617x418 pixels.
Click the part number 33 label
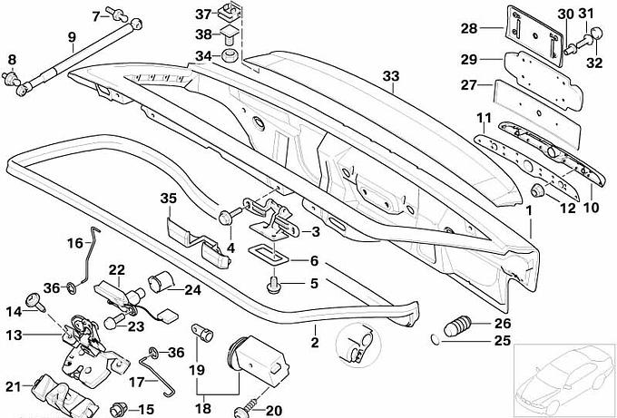pyautogui.click(x=391, y=76)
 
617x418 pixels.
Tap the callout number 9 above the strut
pyautogui.click(x=71, y=37)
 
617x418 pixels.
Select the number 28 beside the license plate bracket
pyautogui.click(x=469, y=28)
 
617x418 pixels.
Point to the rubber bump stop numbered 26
pyautogui.click(x=457, y=325)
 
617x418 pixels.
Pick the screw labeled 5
pyautogui.click(x=272, y=285)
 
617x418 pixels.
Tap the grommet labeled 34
pyautogui.click(x=230, y=55)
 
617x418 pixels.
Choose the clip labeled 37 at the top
pyautogui.click(x=229, y=13)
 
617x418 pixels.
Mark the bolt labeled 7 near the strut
pyautogui.click(x=120, y=15)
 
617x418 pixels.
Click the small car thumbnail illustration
pyautogui.click(x=565, y=379)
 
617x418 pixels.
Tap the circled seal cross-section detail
pyautogui.click(x=358, y=345)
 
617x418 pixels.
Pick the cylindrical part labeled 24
pyautogui.click(x=161, y=282)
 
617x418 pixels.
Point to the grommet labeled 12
pyautogui.click(x=538, y=190)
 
